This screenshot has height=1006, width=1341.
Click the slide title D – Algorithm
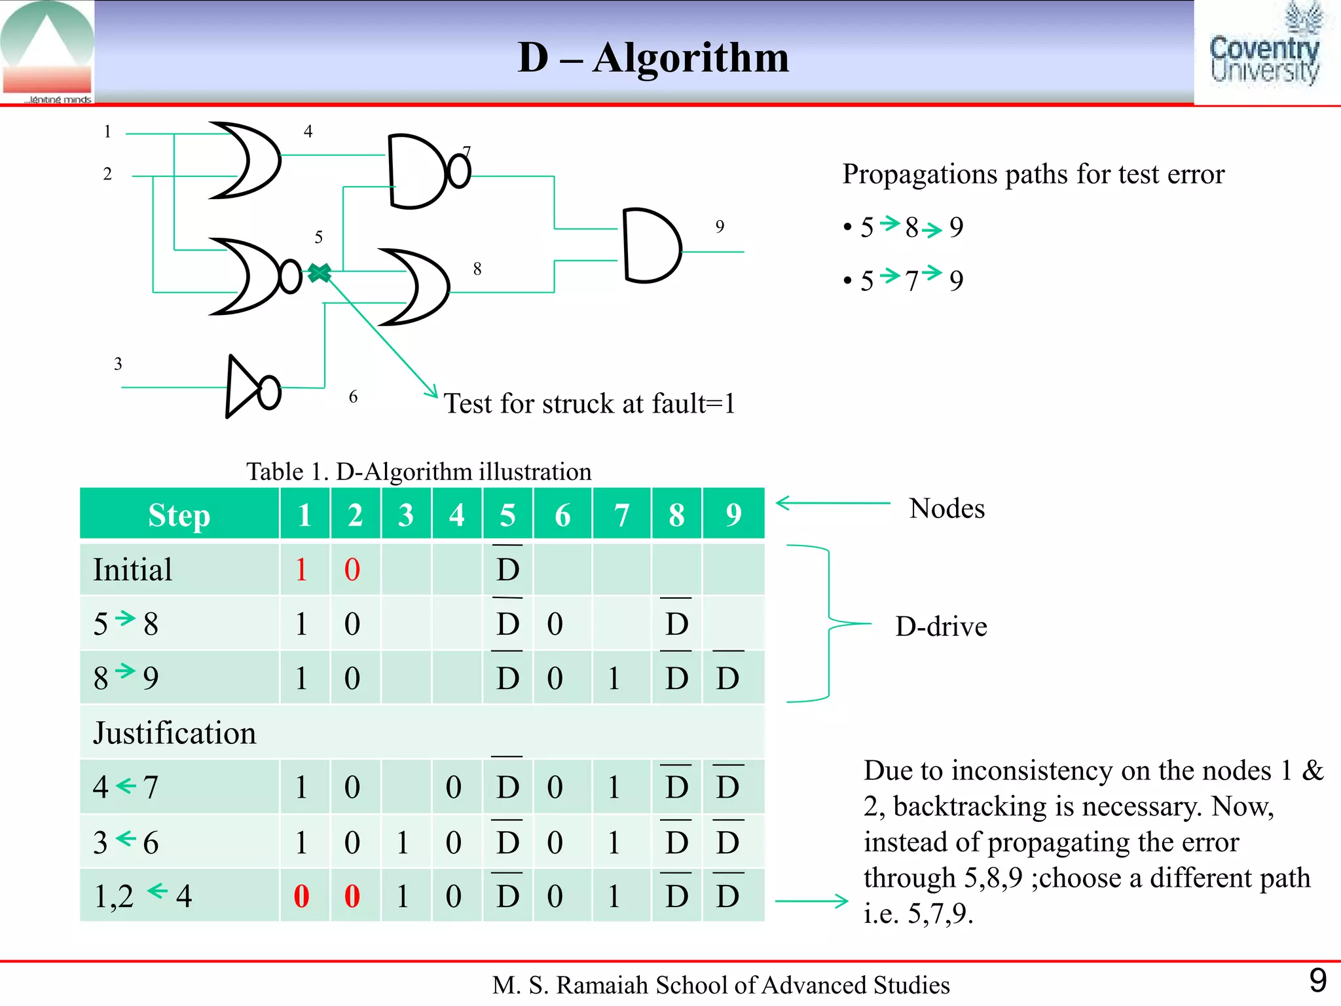(653, 58)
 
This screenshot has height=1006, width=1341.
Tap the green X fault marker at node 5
(320, 272)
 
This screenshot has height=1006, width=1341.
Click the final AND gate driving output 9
(651, 246)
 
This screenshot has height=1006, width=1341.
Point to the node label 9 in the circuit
(720, 227)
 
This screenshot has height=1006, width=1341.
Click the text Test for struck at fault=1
(589, 403)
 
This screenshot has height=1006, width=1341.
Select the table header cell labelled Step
(179, 515)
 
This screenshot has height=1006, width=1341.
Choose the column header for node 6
(562, 515)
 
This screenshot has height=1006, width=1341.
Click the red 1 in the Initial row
(301, 570)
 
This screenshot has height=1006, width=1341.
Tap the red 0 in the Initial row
(352, 570)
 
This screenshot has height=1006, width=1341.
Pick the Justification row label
(174, 733)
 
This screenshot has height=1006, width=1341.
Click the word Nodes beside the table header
(947, 509)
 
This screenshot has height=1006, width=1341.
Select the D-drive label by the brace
(941, 627)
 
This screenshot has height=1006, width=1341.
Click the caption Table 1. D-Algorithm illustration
(418, 472)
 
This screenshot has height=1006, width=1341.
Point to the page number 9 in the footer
(1317, 980)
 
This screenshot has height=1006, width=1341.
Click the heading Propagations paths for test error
(1033, 174)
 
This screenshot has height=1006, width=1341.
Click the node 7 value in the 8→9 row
(614, 679)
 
